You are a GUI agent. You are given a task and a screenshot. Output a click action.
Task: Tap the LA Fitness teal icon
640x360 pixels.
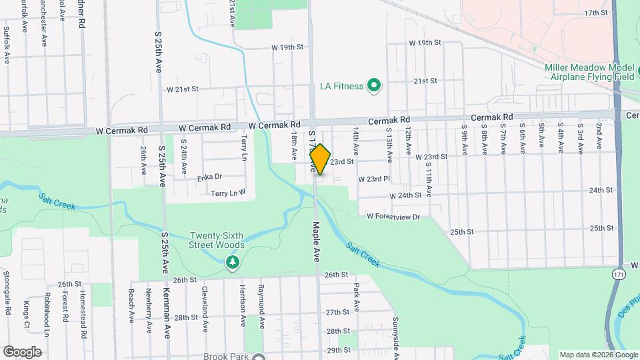click(x=374, y=85)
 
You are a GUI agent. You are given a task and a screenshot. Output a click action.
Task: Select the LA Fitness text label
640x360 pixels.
click(x=341, y=86)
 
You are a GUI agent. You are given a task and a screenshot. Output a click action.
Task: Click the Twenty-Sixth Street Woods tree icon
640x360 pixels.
click(x=232, y=264)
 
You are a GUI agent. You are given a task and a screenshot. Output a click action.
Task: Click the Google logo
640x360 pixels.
click(x=22, y=351)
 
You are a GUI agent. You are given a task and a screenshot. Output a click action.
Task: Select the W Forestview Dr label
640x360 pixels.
click(x=393, y=217)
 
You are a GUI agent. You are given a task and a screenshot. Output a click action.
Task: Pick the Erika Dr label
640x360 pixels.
click(x=209, y=177)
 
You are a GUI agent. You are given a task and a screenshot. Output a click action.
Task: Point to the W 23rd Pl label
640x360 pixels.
click(x=374, y=179)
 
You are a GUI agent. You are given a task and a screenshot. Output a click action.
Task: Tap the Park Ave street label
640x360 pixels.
click(x=357, y=296)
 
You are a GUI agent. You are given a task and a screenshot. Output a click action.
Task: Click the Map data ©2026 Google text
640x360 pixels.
click(x=597, y=354)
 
